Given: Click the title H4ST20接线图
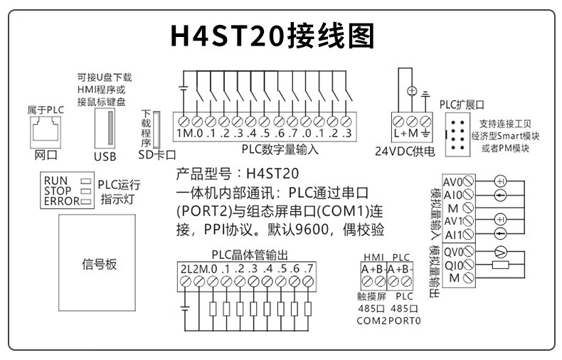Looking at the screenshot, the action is (x=273, y=36).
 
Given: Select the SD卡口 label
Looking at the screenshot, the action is (x=156, y=153).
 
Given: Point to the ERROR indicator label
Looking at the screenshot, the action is (x=60, y=201).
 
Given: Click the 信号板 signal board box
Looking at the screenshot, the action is (x=99, y=266).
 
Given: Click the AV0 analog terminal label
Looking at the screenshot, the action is (x=452, y=181).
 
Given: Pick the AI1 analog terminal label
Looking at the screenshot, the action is (x=454, y=235).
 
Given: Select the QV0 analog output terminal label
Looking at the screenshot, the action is (x=453, y=251).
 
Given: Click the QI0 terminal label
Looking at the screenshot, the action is (x=454, y=265).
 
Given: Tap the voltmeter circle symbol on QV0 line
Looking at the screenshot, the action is (x=499, y=251).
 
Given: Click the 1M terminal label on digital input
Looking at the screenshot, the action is (x=184, y=134).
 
